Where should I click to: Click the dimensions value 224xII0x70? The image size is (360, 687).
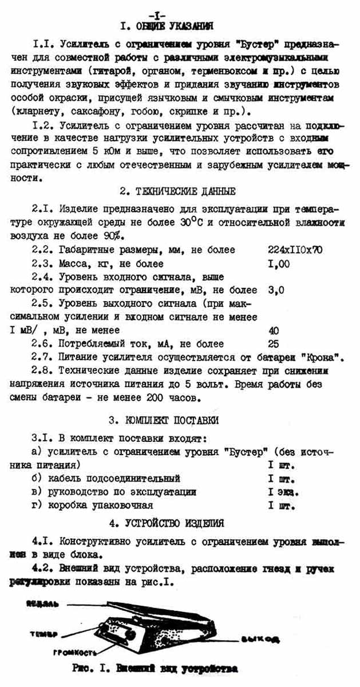295,250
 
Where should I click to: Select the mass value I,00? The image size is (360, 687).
279,263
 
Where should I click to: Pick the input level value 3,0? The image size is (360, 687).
276,290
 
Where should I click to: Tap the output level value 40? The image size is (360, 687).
274,330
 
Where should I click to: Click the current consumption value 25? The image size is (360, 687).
274,343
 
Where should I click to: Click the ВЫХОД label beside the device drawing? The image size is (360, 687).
260,639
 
